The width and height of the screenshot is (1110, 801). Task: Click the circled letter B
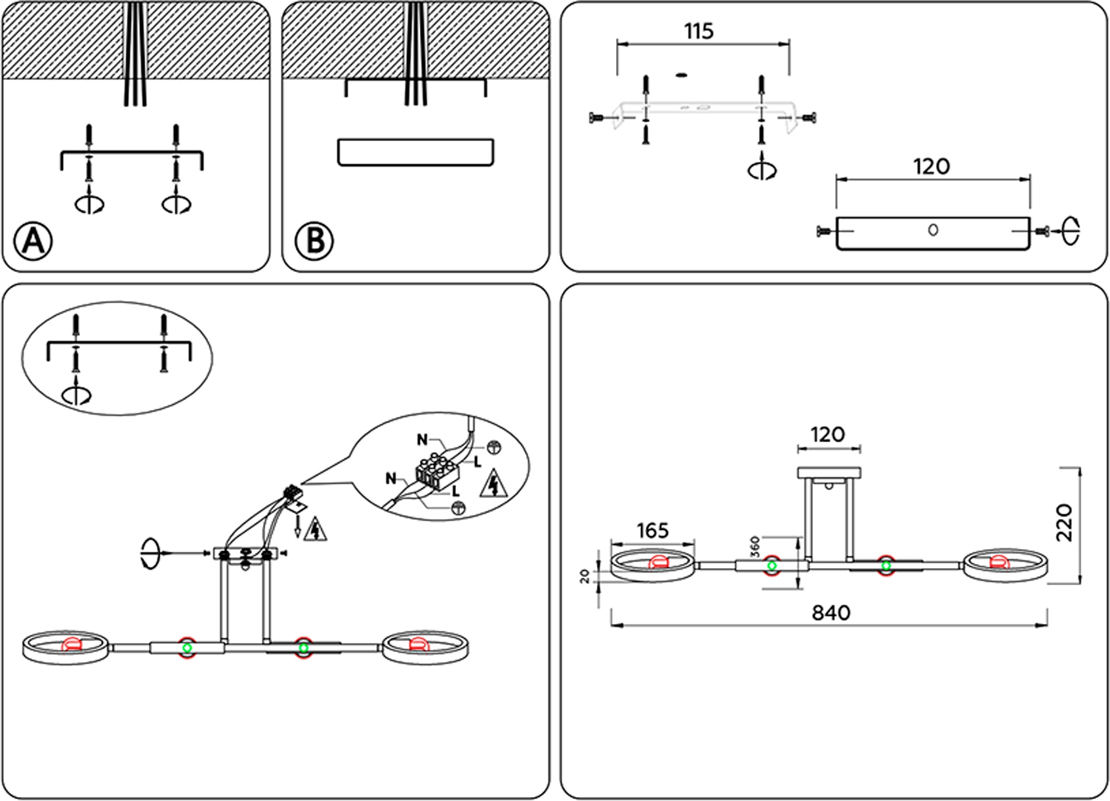[x=314, y=241]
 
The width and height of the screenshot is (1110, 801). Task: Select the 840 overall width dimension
[x=831, y=613]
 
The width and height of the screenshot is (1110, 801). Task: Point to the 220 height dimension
[x=1065, y=522]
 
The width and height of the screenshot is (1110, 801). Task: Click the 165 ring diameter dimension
[x=652, y=530]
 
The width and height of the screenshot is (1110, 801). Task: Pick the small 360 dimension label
[x=754, y=546]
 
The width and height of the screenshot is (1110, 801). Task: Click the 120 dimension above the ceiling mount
[x=827, y=434]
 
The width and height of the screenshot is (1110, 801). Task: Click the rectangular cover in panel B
[x=415, y=152]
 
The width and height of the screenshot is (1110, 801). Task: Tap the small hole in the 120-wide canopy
[x=933, y=230]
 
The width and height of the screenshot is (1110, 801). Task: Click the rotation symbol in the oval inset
[x=76, y=395]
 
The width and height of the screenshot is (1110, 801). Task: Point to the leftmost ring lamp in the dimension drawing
[x=652, y=566]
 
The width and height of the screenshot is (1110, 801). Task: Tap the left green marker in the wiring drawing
[x=187, y=648]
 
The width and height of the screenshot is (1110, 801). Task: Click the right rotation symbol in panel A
[x=176, y=204]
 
